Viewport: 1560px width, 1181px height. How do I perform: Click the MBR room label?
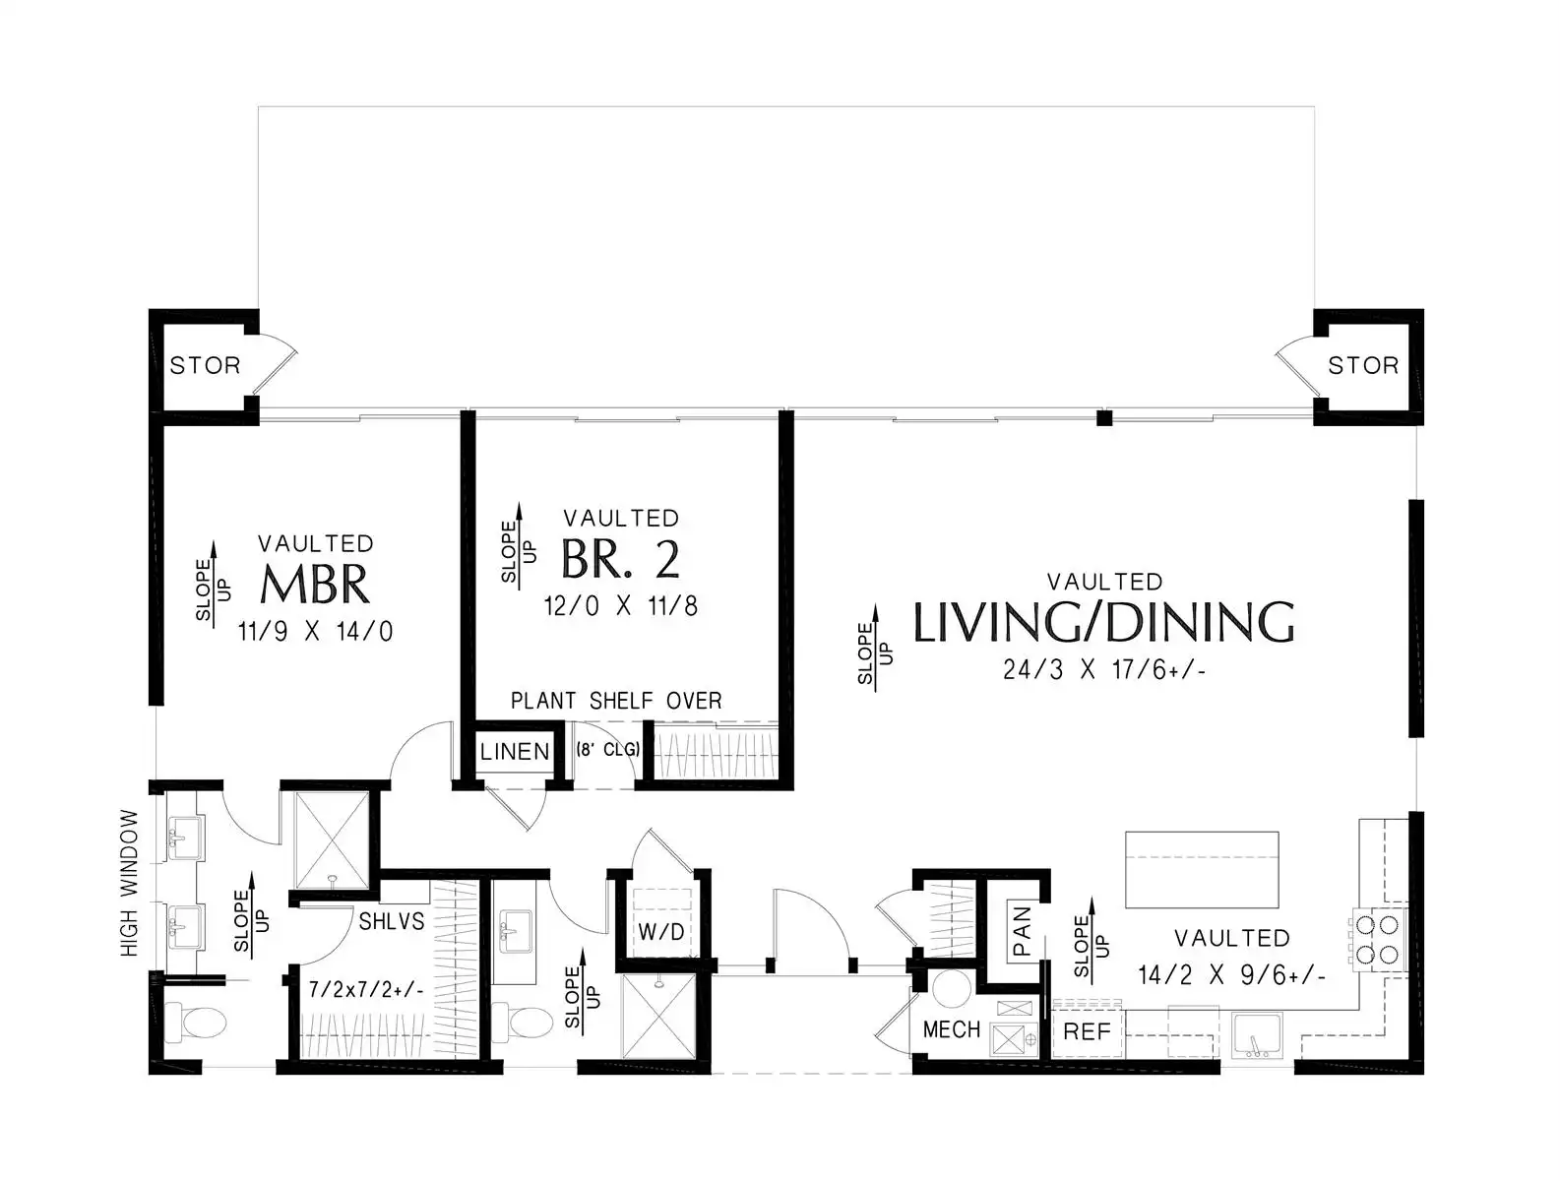pyautogui.click(x=315, y=585)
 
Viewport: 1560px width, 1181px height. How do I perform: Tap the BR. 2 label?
pyautogui.click(x=620, y=559)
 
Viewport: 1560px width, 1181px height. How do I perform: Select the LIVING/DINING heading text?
pyautogui.click(x=1103, y=622)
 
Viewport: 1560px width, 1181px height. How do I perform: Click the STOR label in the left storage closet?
pyautogui.click(x=205, y=365)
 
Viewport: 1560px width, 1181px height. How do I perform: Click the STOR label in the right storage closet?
pyautogui.click(x=1363, y=365)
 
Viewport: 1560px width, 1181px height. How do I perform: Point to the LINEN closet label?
pyautogui.click(x=515, y=752)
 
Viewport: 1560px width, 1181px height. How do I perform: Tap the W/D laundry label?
pyautogui.click(x=661, y=932)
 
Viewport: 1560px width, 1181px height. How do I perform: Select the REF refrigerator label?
pyautogui.click(x=1087, y=1031)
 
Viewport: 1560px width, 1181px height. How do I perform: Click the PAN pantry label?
pyautogui.click(x=1022, y=931)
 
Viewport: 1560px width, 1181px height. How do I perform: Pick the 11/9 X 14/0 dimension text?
pyautogui.click(x=316, y=631)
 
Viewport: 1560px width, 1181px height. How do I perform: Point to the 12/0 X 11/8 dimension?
pyautogui.click(x=620, y=606)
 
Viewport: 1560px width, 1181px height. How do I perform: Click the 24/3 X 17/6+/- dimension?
pyautogui.click(x=1103, y=669)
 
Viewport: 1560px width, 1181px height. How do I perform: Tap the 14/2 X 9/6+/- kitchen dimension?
pyautogui.click(x=1231, y=975)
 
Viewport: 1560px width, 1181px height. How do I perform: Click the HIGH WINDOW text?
pyautogui.click(x=129, y=883)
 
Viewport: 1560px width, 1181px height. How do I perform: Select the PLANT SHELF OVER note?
pyautogui.click(x=616, y=701)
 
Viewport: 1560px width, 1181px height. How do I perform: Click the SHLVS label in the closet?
pyautogui.click(x=391, y=921)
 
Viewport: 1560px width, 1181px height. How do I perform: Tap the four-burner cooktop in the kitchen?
pyautogui.click(x=1378, y=939)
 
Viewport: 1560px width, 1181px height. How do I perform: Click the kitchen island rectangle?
pyautogui.click(x=1202, y=870)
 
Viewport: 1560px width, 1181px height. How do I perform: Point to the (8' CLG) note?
pyautogui.click(x=607, y=749)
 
